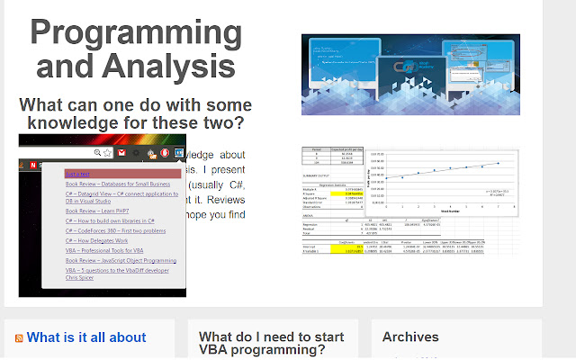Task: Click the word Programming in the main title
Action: [136, 33]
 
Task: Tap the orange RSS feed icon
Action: [18, 338]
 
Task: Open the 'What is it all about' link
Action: [85, 337]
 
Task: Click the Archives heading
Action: [410, 337]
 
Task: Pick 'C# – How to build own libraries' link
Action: [110, 220]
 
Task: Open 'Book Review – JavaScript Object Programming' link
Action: [121, 261]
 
